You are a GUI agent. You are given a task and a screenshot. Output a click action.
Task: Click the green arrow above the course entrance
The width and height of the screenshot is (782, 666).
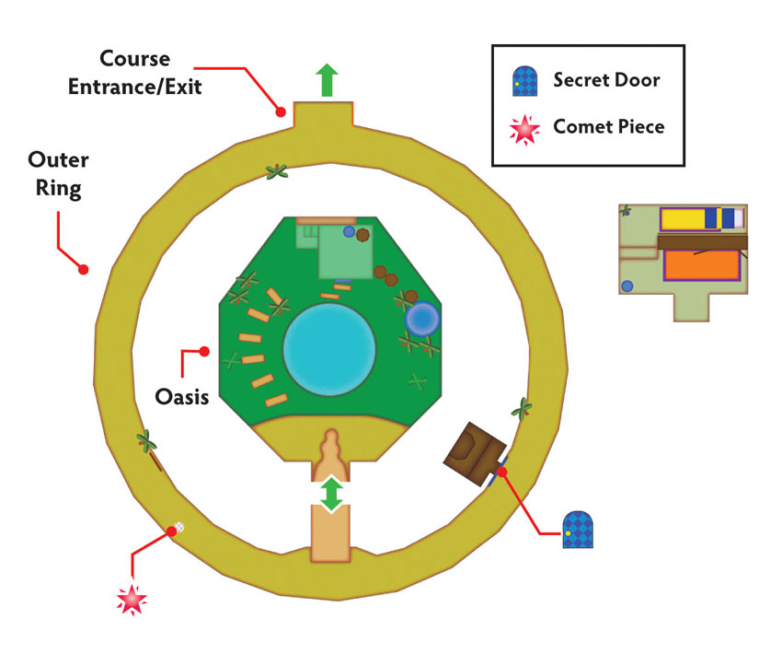pyautogui.click(x=327, y=80)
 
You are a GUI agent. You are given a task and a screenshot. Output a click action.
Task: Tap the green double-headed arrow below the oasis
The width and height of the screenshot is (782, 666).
pyautogui.click(x=331, y=495)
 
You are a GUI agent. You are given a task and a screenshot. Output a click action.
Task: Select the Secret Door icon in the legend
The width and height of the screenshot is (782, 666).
pyautogui.click(x=524, y=81)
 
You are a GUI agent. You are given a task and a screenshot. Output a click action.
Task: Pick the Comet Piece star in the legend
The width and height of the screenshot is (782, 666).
pyautogui.click(x=524, y=129)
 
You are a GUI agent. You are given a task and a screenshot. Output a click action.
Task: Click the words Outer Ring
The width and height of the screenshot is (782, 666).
pyautogui.click(x=58, y=174)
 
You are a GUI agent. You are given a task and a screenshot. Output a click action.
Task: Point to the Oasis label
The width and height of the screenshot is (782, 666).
pyautogui.click(x=182, y=397)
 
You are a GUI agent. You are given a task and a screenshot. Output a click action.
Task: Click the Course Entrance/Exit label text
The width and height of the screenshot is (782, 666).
pyautogui.click(x=134, y=73)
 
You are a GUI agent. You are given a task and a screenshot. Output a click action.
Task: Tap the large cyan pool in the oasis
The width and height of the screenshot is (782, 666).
pyautogui.click(x=329, y=349)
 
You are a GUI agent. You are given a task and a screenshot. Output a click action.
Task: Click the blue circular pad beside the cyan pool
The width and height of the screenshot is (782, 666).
pyautogui.click(x=422, y=319)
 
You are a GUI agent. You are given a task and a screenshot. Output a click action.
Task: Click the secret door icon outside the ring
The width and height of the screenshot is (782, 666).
pyautogui.click(x=578, y=529)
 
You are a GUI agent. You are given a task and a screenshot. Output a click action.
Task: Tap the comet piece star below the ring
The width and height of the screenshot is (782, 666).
pyautogui.click(x=132, y=599)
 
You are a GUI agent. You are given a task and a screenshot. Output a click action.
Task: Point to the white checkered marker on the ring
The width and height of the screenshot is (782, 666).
pyautogui.click(x=179, y=527)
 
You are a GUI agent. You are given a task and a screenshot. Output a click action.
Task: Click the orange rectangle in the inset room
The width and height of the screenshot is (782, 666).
pyautogui.click(x=702, y=265)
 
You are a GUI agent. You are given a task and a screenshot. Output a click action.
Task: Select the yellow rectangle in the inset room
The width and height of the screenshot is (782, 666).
pyautogui.click(x=683, y=218)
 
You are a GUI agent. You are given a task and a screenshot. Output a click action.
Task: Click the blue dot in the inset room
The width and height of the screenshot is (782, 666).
pyautogui.click(x=627, y=286)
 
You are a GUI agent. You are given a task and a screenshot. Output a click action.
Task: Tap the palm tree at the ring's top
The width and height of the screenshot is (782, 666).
pyautogui.click(x=277, y=172)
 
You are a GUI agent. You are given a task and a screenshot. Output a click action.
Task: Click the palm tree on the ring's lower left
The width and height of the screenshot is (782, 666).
pyautogui.click(x=147, y=442)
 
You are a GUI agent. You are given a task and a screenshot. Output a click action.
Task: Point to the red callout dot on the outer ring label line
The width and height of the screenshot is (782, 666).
pyautogui.click(x=84, y=270)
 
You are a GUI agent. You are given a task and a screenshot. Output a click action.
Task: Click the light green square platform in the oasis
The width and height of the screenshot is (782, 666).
pyautogui.click(x=346, y=251)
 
